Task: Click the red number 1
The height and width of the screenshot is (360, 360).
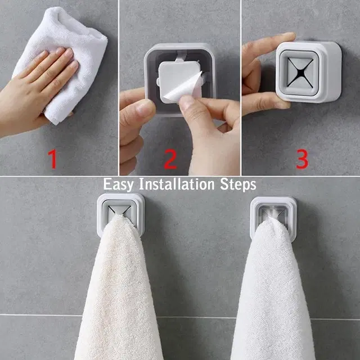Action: click(53, 158)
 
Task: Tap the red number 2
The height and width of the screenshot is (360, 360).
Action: click(170, 159)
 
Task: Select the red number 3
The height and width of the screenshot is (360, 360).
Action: click(302, 158)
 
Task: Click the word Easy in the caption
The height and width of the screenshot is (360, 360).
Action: click(120, 184)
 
